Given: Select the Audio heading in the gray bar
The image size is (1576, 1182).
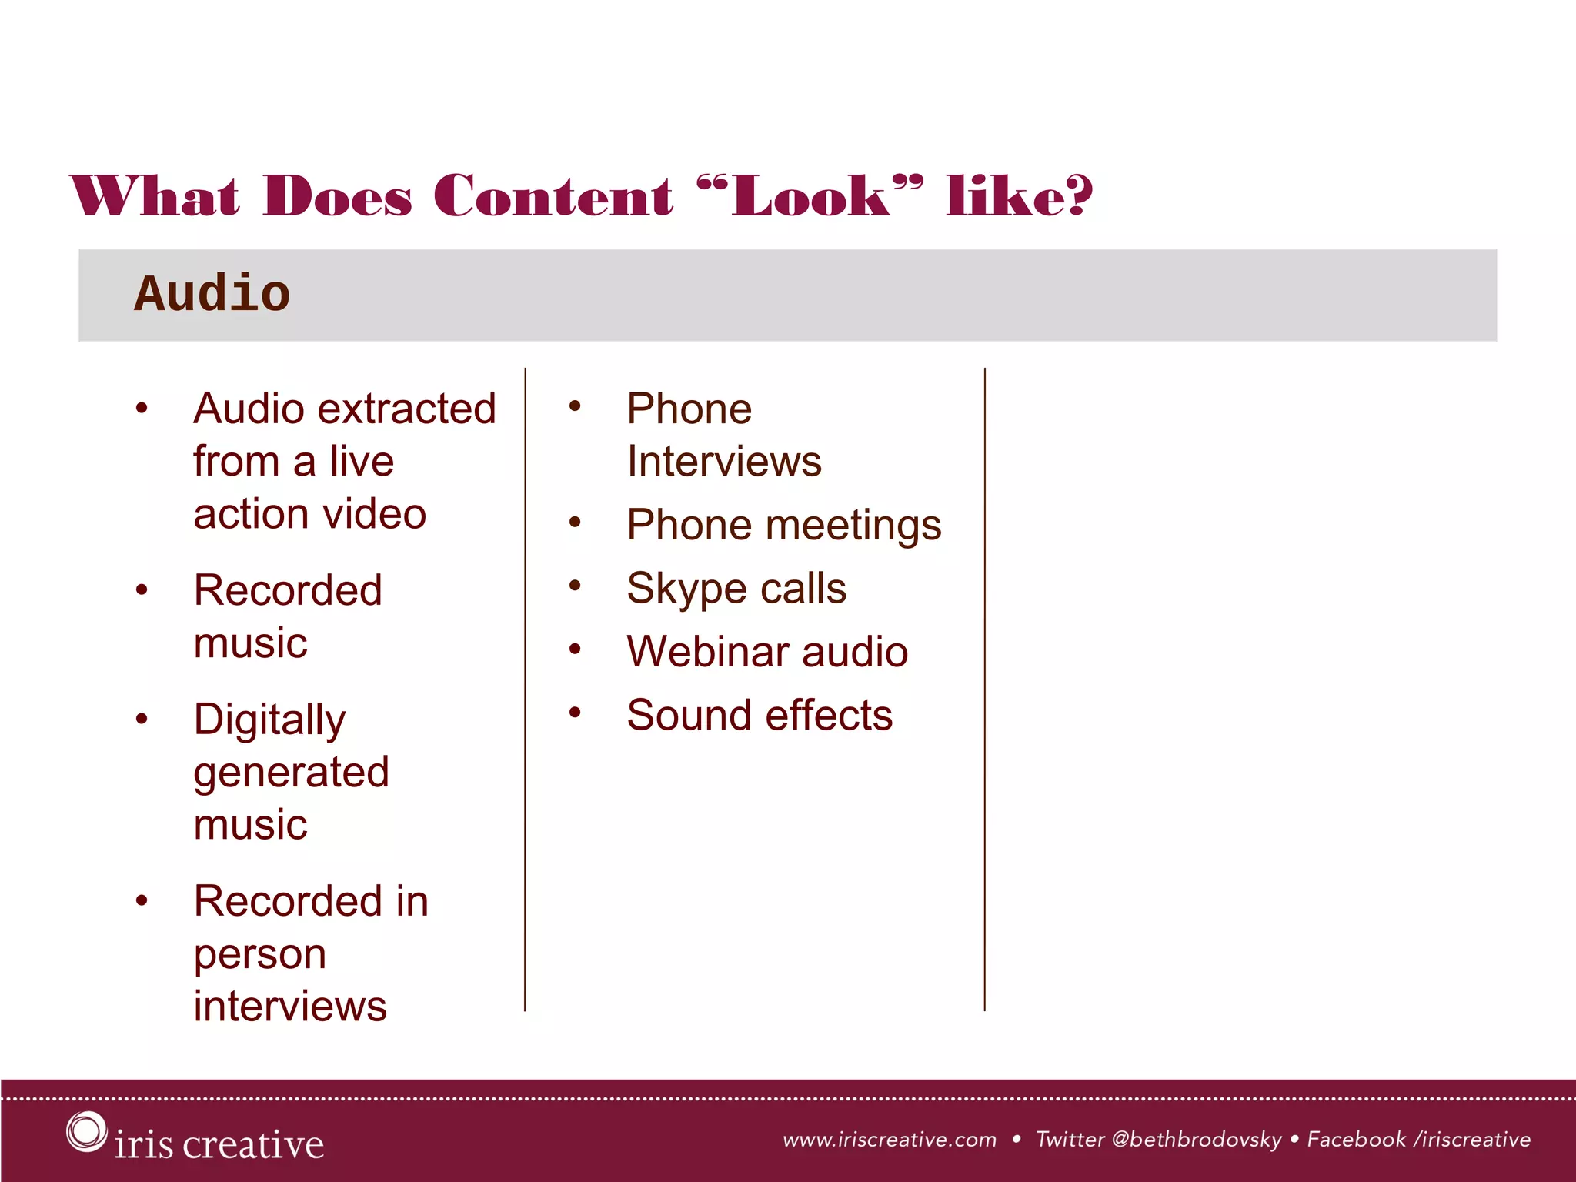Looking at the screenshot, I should pyautogui.click(x=212, y=294).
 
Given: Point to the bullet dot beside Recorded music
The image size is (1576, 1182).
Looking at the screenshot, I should pyautogui.click(x=142, y=590).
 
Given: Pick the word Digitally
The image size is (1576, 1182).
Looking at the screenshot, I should pyautogui.click(x=269, y=720).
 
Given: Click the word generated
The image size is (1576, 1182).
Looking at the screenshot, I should pyautogui.click(x=291, y=773).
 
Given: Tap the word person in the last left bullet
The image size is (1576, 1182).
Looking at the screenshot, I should pyautogui.click(x=260, y=954).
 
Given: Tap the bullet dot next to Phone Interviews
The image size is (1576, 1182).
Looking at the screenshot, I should pyautogui.click(x=575, y=406).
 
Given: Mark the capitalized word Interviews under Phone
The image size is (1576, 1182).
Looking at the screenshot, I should pyautogui.click(x=724, y=461).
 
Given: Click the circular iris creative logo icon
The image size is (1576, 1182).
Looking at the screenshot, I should pyautogui.click(x=85, y=1131).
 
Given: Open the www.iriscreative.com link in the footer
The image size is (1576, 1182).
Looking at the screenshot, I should pyautogui.click(x=889, y=1140).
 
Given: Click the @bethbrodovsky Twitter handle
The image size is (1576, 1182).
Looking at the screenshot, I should pyautogui.click(x=1197, y=1140).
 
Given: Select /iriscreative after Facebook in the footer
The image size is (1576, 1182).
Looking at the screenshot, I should pyautogui.click(x=1472, y=1140).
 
